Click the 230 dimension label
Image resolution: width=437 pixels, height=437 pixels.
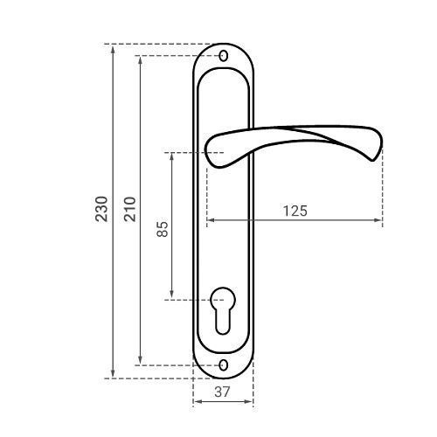pos(101,209)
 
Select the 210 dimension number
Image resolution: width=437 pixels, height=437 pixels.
pos(130,209)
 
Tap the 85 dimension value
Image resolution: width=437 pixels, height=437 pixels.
pos(163,229)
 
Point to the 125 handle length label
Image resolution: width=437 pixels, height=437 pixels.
pos(295,211)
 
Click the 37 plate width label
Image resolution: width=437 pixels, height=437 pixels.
pos(222,392)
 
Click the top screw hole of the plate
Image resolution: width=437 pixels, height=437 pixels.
pos(224,56)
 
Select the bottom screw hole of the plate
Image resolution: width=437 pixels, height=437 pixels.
pos(224,365)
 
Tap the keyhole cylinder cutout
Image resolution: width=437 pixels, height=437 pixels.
pos(223,310)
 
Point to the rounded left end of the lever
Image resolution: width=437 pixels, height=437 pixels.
pos(207,151)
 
